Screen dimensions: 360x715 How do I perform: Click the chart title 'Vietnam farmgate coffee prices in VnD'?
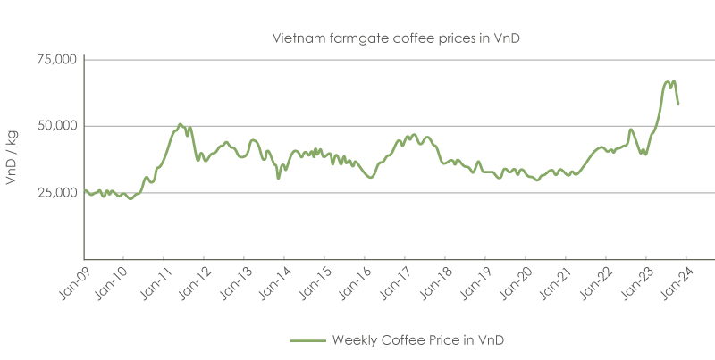click(x=384, y=38)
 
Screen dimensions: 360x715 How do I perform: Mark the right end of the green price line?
click(x=678, y=105)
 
